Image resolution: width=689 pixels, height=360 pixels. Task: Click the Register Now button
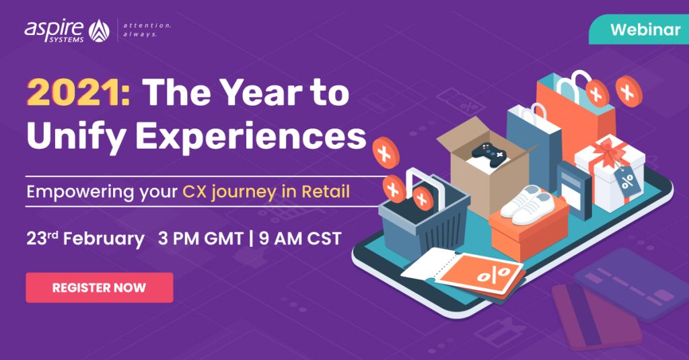100,287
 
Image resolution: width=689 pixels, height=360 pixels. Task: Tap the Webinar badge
639,30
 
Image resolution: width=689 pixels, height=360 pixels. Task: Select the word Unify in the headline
76,136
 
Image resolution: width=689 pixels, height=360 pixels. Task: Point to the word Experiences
250,136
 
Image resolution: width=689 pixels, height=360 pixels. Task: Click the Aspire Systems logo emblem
99,31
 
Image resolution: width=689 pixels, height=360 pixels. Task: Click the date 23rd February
85,239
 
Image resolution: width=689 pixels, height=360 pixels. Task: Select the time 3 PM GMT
201,239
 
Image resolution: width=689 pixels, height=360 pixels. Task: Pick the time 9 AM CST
300,239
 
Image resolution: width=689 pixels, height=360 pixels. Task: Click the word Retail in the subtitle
326,192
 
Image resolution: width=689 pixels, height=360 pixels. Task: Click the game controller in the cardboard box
489,155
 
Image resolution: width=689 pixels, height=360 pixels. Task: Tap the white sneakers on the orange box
527,205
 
